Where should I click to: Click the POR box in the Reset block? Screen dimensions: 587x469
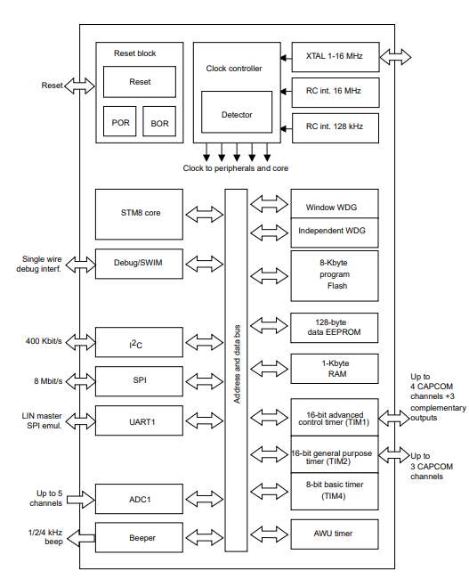pyautogui.click(x=120, y=122)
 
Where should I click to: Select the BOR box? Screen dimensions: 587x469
pyautogui.click(x=159, y=122)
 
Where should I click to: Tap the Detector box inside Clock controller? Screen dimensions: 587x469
pyautogui.click(x=237, y=114)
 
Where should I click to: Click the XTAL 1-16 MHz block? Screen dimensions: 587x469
pyautogui.click(x=334, y=57)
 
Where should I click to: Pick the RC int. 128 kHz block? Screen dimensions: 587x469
pyautogui.click(x=334, y=126)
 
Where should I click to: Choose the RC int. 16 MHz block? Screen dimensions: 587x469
pyautogui.click(x=334, y=91)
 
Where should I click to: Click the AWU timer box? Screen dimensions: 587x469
pyautogui.click(x=336, y=534)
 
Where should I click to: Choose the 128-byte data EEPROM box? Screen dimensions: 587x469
pyautogui.click(x=336, y=328)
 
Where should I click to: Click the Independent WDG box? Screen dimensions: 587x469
pyautogui.click(x=336, y=232)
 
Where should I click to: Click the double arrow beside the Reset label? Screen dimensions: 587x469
pyautogui.click(x=81, y=86)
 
